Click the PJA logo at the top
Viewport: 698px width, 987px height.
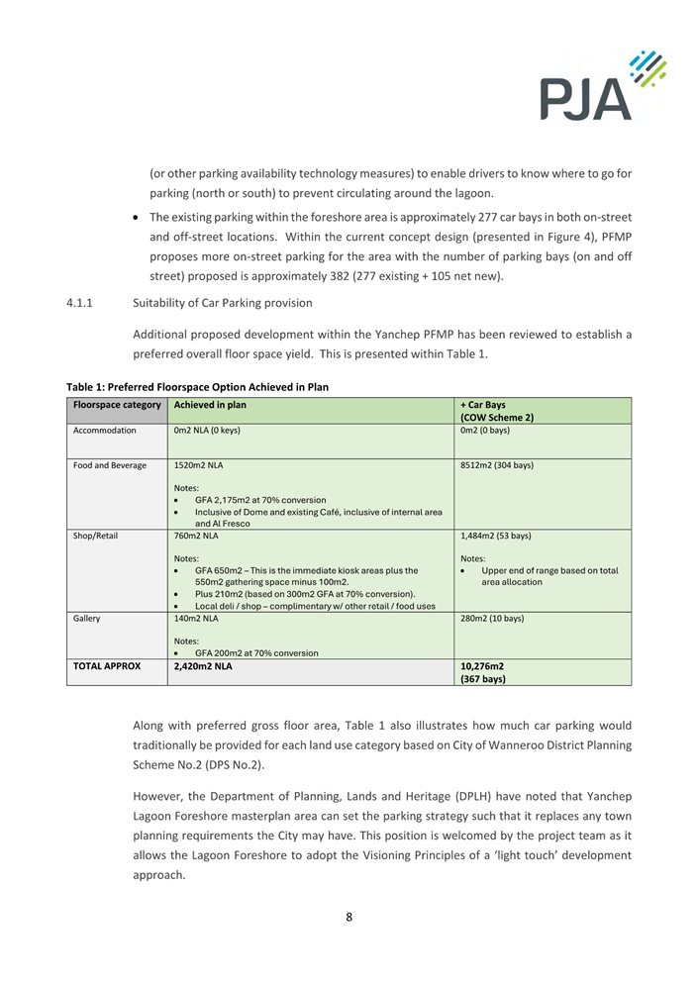(x=602, y=85)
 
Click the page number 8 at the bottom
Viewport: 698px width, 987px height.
(x=349, y=917)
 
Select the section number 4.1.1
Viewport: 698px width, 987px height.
(x=83, y=303)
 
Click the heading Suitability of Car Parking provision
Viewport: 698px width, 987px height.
(x=223, y=303)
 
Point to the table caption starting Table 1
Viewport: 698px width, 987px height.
(x=197, y=386)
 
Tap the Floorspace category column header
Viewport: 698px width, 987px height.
(x=117, y=404)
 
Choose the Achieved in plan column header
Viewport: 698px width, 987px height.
(x=210, y=404)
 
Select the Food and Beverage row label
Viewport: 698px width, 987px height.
(x=110, y=465)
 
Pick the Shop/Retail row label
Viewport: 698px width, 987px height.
(x=95, y=536)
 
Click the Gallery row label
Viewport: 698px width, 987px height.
(x=87, y=619)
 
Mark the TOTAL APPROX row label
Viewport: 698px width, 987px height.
(x=107, y=666)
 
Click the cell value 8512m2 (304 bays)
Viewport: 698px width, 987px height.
(x=497, y=465)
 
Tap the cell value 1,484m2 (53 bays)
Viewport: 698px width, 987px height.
(x=496, y=536)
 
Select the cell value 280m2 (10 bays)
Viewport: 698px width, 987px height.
(x=492, y=619)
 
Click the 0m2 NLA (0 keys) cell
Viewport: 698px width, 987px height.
(x=207, y=431)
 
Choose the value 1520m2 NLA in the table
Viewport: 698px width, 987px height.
(x=196, y=465)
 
